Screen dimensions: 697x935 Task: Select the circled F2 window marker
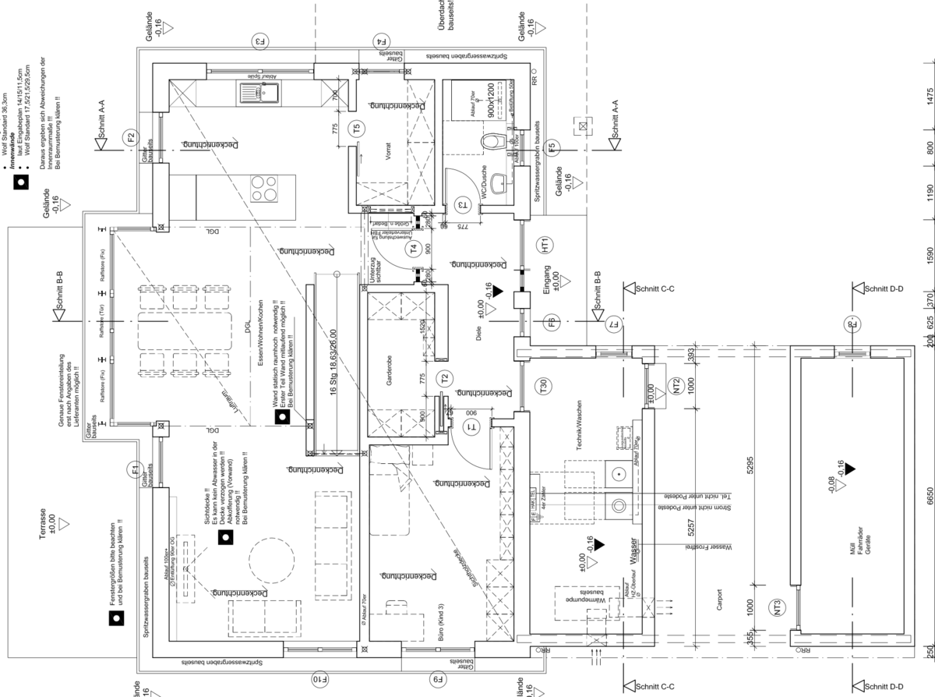click(131, 139)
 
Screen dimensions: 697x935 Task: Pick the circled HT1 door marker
click(545, 245)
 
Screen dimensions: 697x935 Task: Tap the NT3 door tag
click(775, 607)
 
